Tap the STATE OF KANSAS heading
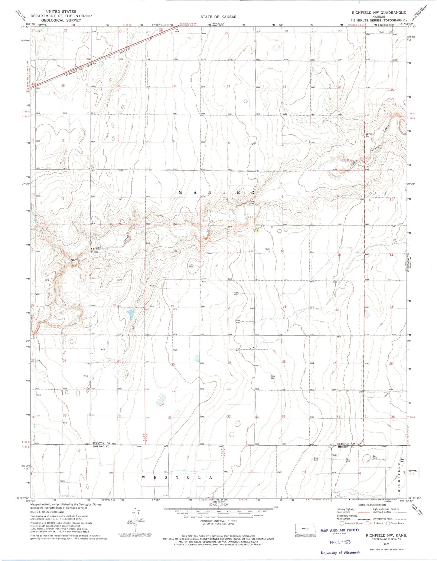pyautogui.click(x=218, y=17)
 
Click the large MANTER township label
pyautogui.click(x=217, y=192)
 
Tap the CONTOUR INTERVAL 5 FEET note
pyautogui.click(x=218, y=521)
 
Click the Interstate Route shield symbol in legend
pyautogui.click(x=342, y=523)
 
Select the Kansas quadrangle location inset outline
pyautogui.click(x=305, y=529)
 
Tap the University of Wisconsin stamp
pyautogui.click(x=340, y=553)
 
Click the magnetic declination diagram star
pyautogui.click(x=135, y=509)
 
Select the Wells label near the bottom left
pyautogui.click(x=63, y=481)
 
